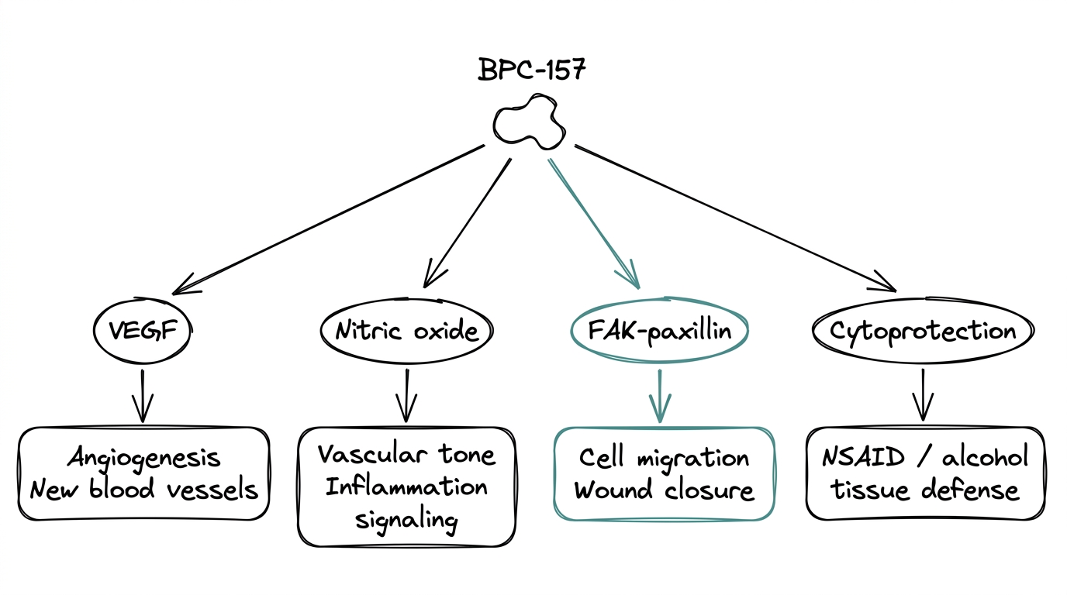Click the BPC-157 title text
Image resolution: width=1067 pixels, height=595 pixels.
pos(532,70)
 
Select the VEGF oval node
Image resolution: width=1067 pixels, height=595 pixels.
pos(141,332)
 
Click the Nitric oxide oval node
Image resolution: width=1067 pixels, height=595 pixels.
pos(406,332)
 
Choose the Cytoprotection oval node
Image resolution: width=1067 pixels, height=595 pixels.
pos(922,332)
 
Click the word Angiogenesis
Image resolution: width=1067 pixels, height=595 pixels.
pos(143,458)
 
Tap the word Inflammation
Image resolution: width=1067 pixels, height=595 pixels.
pos(406,487)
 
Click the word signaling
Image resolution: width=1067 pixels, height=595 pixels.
pos(406,519)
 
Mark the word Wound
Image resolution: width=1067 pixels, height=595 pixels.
pos(613,490)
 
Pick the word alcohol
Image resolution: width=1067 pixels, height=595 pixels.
pos(984,457)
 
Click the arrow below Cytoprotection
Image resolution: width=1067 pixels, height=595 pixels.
pos(922,394)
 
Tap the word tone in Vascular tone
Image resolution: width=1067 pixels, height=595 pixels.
pos(468,454)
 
